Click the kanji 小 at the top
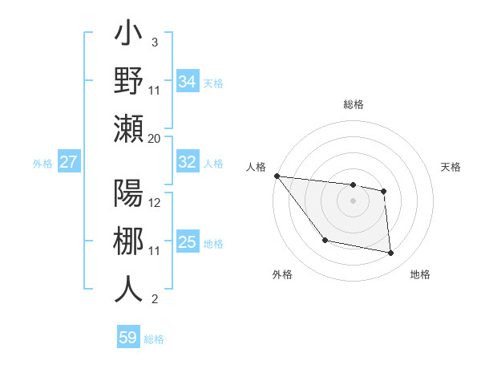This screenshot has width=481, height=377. click(x=128, y=37)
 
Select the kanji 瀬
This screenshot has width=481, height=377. click(x=128, y=128)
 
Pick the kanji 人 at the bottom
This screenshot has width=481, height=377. click(x=128, y=289)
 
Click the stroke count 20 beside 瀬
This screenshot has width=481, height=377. click(x=154, y=139)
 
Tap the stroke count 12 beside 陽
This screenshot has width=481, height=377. click(x=155, y=203)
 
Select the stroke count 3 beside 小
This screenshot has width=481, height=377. click(x=154, y=42)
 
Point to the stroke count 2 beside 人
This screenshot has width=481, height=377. click(x=154, y=300)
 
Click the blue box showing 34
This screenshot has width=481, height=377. click(x=187, y=81)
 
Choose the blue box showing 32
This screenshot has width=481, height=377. click(x=187, y=162)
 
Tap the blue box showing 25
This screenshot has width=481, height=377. click(x=187, y=242)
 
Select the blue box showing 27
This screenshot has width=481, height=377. click(x=68, y=162)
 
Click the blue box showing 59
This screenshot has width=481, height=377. click(x=127, y=338)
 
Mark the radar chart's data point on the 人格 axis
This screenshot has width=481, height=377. click(x=277, y=176)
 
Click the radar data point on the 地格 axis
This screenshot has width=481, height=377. click(x=391, y=253)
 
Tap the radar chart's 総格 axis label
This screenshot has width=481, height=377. click(x=353, y=104)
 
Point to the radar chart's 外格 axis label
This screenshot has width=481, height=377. click(x=282, y=274)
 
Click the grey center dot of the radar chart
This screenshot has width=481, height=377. click(x=353, y=201)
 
